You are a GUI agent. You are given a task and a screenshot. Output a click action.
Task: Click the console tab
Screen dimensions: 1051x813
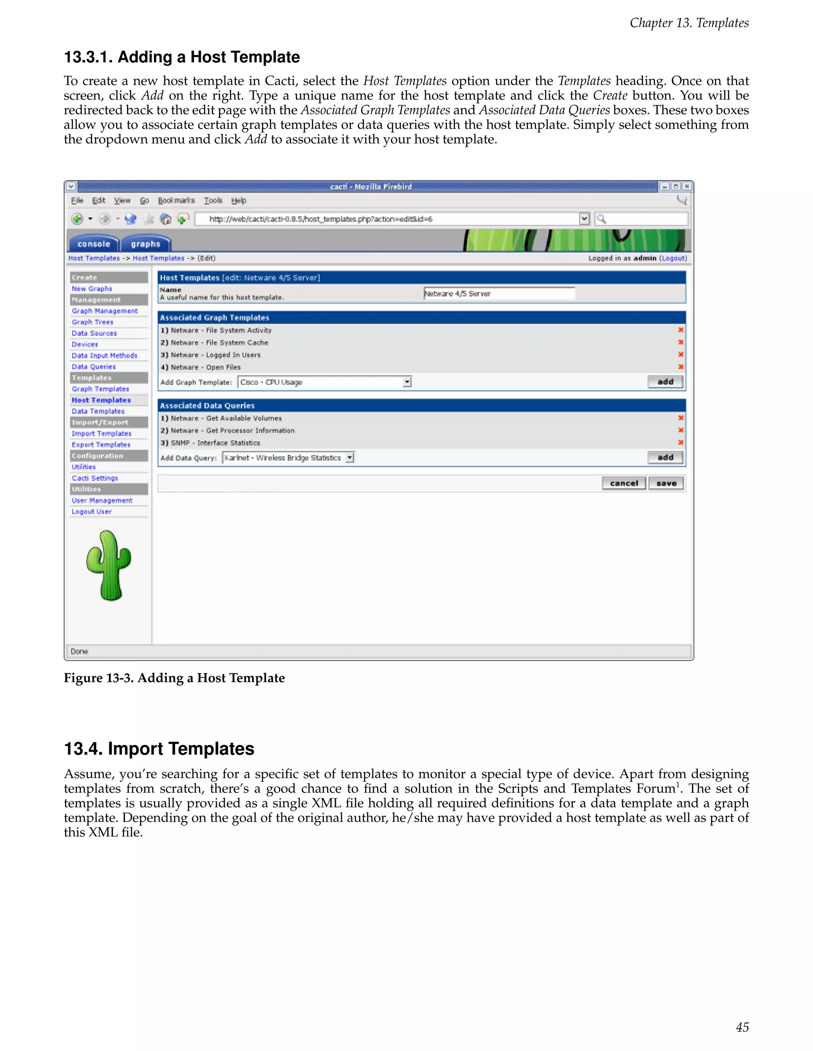94,244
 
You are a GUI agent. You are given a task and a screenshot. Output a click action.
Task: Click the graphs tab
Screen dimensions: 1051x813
145,244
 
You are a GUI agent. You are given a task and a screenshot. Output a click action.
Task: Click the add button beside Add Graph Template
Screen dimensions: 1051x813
665,382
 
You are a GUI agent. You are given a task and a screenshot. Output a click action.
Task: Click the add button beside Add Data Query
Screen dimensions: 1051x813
665,457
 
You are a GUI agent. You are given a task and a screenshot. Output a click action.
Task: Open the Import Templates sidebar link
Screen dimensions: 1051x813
101,433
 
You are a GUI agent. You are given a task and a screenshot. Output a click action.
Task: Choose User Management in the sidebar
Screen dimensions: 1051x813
102,501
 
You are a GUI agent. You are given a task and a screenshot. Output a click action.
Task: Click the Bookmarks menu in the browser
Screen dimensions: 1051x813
176,201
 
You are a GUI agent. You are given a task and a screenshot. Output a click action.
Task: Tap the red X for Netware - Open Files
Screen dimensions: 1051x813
680,367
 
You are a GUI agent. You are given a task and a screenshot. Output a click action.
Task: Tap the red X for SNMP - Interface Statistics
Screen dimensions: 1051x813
680,442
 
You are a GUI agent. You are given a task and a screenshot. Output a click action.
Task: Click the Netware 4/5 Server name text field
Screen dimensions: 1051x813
499,293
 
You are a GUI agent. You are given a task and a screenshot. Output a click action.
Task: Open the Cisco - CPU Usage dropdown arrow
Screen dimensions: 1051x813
407,382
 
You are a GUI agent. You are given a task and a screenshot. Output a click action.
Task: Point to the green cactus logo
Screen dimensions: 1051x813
109,566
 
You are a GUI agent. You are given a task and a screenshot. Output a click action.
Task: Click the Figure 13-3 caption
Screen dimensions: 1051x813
174,678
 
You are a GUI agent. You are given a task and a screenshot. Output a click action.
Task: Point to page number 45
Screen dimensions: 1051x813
742,1027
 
